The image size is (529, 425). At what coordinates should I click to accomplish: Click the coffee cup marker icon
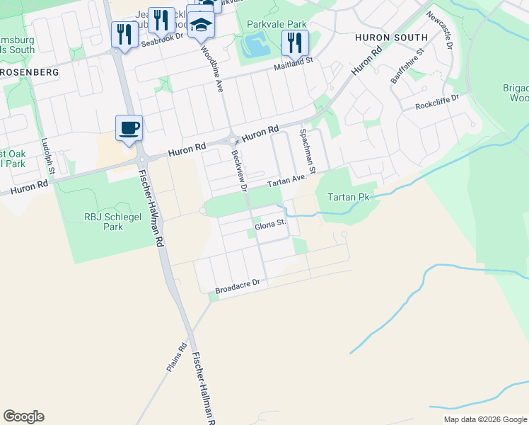tap(129, 129)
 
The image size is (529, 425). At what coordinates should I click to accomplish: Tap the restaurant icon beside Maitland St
tap(295, 42)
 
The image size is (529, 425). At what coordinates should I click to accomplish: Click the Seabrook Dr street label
tap(162, 42)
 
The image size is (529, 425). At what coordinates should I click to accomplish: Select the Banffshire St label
tap(407, 66)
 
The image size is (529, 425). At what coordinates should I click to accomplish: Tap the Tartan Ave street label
tap(289, 181)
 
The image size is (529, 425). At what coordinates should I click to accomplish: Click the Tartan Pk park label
tap(348, 197)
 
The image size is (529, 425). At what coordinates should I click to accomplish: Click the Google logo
tap(23, 416)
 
